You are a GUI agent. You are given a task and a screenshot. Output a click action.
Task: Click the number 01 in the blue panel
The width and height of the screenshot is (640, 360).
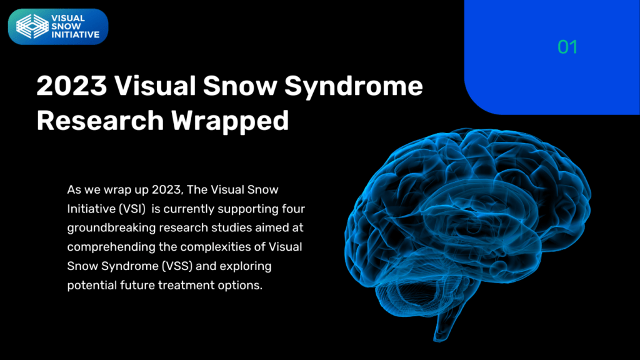pos(567,47)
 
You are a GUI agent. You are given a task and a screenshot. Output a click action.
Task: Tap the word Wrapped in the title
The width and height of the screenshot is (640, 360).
pos(230,121)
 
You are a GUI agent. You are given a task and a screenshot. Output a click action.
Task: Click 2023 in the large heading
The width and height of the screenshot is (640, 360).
pos(72,86)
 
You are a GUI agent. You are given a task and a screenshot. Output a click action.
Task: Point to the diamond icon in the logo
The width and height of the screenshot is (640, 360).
pos(32,26)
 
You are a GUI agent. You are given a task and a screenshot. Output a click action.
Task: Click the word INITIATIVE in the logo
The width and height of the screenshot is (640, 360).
pos(76,35)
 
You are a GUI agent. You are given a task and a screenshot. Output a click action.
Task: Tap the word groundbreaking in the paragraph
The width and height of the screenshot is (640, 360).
pos(111,228)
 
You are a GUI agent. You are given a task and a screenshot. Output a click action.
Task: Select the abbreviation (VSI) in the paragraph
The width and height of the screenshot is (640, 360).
pos(132,209)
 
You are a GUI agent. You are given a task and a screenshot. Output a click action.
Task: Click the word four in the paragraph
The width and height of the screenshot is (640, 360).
pos(294,209)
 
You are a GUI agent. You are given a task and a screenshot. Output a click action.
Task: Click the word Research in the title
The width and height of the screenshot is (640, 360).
pos(101,121)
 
